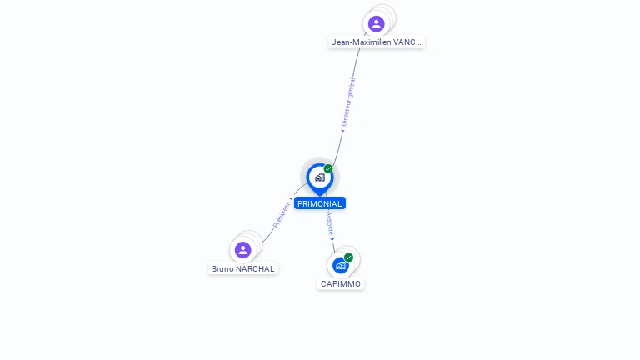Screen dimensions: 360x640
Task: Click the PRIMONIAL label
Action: (319, 203)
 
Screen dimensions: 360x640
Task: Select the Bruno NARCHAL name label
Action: (242, 269)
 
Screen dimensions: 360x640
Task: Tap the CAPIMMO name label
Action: (341, 283)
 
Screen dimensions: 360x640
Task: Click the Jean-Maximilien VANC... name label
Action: (376, 42)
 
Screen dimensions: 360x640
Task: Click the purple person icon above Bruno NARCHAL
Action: (242, 250)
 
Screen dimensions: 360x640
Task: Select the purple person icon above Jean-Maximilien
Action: (376, 23)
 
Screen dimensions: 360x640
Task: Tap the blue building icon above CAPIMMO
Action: (340, 266)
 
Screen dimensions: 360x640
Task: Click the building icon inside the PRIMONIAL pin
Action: (319, 177)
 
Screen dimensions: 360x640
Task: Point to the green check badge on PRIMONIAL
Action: (328, 169)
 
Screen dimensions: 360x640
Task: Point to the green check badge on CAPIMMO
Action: (348, 257)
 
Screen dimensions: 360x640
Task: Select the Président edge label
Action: (281, 215)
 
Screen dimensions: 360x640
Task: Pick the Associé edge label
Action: (330, 222)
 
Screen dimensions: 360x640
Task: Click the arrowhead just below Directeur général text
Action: (342, 130)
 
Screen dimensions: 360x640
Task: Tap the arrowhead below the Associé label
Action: (332, 239)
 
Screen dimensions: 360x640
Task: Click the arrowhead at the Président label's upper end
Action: (291, 199)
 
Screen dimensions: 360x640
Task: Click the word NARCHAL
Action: (255, 269)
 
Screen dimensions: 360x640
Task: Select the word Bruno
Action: (222, 269)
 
